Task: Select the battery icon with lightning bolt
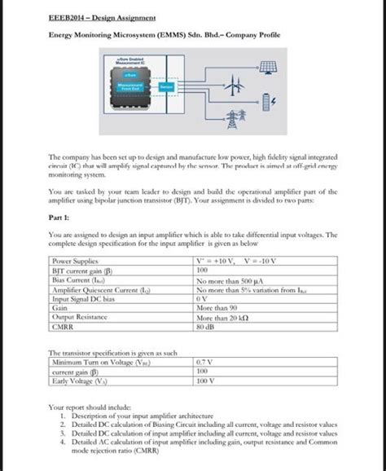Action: (274, 101)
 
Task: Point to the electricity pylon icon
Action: (243, 114)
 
